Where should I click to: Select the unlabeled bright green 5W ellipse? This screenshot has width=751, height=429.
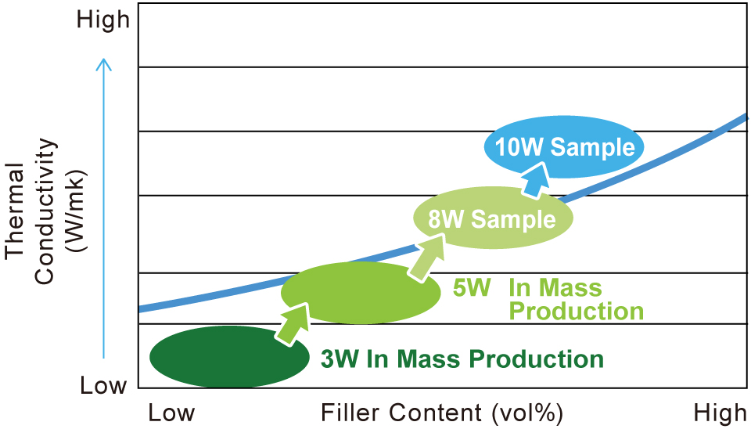coord(360,292)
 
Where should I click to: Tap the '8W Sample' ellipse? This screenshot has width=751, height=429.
coord(494,218)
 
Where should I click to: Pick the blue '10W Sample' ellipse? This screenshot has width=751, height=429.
coord(564,146)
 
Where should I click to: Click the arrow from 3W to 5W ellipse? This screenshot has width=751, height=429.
coord(293,324)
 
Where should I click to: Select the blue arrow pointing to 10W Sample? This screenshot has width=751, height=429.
coord(537,179)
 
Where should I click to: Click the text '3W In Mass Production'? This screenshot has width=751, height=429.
coord(462,359)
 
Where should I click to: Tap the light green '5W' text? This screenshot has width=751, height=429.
coord(472,287)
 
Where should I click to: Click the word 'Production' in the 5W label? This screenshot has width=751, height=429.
coord(577,311)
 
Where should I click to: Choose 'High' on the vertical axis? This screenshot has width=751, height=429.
coord(103,20)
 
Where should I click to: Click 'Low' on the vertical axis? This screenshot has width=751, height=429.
coord(103,385)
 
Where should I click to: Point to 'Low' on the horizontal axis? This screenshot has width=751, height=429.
coord(171,413)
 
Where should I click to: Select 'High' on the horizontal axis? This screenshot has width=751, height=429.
coord(720,413)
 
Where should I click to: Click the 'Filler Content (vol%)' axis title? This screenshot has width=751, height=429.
coord(441,413)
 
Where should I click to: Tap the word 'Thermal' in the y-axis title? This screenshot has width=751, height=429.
coord(16,211)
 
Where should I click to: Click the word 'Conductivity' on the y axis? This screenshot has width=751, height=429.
coord(45,211)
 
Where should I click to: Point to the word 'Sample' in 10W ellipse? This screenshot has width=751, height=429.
coord(592,146)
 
